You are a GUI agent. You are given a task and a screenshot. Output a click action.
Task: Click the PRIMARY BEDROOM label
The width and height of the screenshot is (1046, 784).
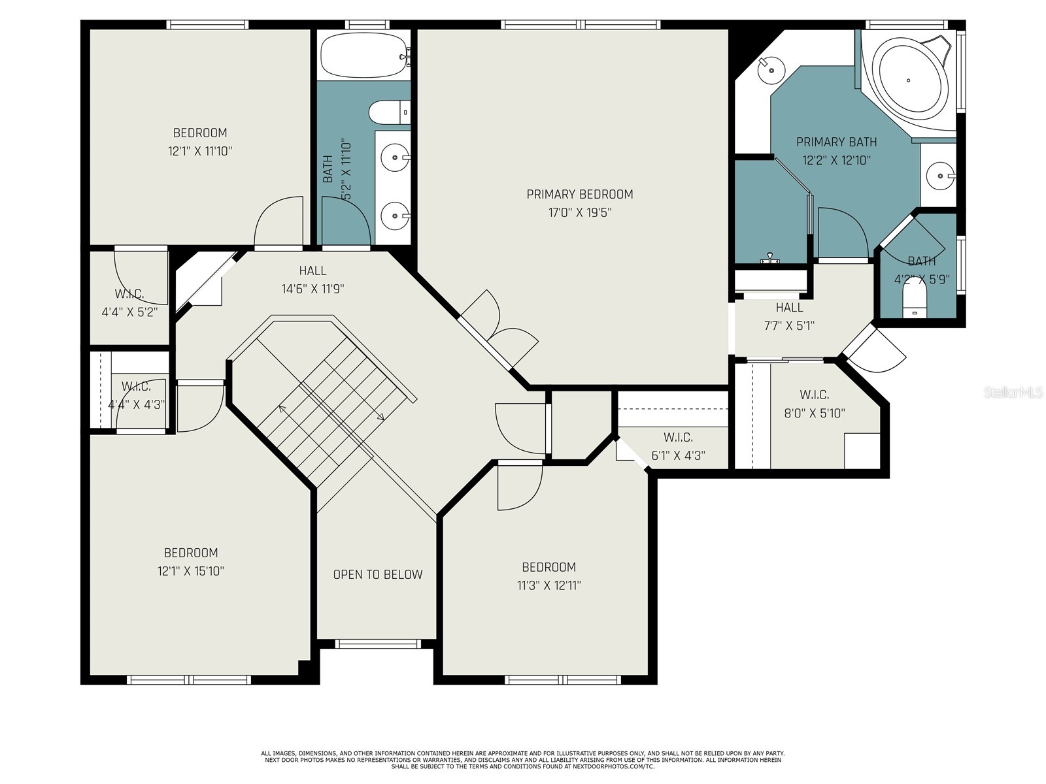click(x=579, y=195)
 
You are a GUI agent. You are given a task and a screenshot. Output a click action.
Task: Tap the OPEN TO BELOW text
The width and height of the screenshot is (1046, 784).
click(x=378, y=575)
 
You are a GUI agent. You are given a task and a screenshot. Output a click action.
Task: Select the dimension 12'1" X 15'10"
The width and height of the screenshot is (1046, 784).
click(x=191, y=571)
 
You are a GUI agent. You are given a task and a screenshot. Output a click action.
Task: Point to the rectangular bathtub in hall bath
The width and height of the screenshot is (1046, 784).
click(x=363, y=55)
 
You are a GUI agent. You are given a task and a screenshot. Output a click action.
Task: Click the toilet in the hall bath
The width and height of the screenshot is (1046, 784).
click(x=390, y=112)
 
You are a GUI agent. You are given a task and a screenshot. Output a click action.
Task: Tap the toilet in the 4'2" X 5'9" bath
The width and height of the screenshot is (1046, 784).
click(x=915, y=303)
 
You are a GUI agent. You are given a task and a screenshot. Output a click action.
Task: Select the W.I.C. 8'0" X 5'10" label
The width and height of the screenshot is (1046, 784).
click(x=815, y=404)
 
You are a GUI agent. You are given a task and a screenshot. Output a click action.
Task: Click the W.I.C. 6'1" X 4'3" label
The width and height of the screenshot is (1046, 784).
click(x=678, y=446)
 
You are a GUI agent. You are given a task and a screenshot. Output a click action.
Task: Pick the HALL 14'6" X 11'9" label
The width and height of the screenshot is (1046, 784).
click(x=312, y=280)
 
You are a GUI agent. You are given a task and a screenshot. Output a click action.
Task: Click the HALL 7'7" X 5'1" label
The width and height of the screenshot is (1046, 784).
click(x=789, y=316)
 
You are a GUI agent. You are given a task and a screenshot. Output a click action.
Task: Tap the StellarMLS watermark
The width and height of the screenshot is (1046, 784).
click(x=1014, y=393)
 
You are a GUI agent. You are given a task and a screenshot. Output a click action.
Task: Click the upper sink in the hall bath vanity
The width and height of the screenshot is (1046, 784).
click(x=394, y=157)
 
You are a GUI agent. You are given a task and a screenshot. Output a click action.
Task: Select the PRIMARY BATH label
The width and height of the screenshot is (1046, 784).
click(x=836, y=142)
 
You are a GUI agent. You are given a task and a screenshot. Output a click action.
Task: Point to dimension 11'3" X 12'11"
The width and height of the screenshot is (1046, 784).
click(x=548, y=585)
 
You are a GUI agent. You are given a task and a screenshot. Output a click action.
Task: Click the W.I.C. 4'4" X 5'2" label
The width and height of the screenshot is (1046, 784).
click(x=129, y=303)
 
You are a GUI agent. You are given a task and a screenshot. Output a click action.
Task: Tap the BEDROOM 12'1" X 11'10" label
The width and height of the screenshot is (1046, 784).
click(x=200, y=142)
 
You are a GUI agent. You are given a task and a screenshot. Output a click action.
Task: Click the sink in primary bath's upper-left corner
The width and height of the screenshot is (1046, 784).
click(x=772, y=69)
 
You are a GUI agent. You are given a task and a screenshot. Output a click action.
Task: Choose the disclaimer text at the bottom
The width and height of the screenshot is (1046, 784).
click(x=523, y=760)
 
